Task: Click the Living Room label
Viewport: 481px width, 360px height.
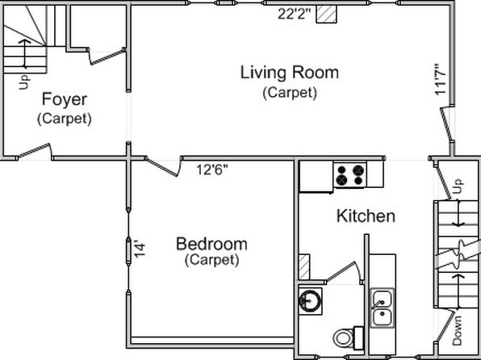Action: [289, 73]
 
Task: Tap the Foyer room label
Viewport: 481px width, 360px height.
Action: [65, 99]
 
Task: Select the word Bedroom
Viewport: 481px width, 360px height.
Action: [211, 244]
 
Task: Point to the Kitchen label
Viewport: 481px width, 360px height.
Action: [366, 216]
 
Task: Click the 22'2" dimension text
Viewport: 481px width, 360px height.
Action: [295, 14]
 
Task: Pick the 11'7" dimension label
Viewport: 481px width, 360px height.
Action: [440, 79]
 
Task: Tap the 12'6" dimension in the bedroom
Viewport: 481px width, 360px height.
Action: [212, 170]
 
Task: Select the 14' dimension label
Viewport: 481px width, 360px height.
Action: [140, 250]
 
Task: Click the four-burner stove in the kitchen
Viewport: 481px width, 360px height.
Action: [350, 175]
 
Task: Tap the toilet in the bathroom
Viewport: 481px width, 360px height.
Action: [348, 338]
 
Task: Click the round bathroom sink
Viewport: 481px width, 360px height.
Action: [310, 301]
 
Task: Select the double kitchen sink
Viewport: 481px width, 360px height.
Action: [382, 308]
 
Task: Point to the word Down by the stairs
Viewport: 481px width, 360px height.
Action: [457, 330]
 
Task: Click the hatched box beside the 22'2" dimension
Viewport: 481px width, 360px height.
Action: [326, 14]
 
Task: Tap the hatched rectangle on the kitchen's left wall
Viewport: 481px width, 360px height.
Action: [304, 266]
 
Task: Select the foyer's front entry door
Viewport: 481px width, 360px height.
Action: [34, 151]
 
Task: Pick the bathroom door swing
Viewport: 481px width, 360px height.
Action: [344, 271]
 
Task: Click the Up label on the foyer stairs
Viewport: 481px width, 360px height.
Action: [24, 82]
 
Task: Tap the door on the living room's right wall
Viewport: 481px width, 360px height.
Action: [447, 124]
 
